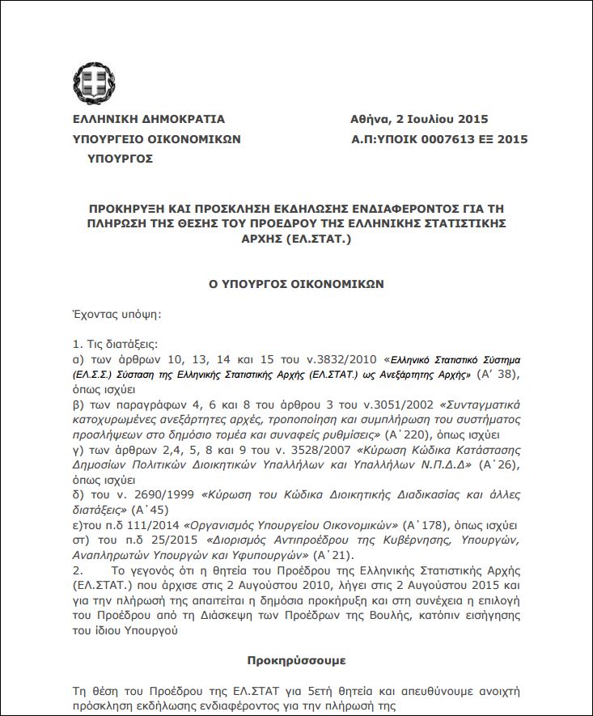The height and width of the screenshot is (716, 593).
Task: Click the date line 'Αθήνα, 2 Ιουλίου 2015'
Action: (419, 119)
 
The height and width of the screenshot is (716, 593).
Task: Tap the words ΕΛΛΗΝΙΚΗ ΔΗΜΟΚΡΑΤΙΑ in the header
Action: (149, 119)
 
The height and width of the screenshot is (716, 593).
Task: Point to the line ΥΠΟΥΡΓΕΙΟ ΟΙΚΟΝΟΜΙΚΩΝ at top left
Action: (157, 139)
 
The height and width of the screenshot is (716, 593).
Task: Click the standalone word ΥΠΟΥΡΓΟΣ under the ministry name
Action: (120, 159)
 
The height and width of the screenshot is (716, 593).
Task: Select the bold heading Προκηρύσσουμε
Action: (296, 660)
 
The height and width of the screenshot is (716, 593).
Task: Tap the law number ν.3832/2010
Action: (348, 358)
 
